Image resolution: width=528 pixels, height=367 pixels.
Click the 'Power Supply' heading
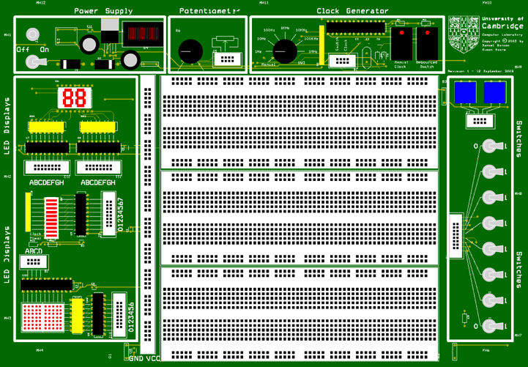pyautogui.click(x=103, y=11)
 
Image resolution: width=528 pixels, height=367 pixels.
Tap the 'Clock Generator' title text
pyautogui.click(x=352, y=11)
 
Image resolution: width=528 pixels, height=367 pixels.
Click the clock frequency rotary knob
pyautogui.click(x=284, y=51)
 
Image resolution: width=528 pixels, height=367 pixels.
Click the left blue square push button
pyautogui.click(x=464, y=92)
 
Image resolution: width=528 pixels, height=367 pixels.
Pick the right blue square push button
pyautogui.click(x=494, y=92)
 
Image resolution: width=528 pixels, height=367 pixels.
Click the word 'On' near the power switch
pyautogui.click(x=43, y=49)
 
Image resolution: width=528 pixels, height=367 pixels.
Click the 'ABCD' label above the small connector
pyautogui.click(x=34, y=251)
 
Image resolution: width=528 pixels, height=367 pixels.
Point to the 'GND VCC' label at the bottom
pyautogui.click(x=144, y=358)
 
